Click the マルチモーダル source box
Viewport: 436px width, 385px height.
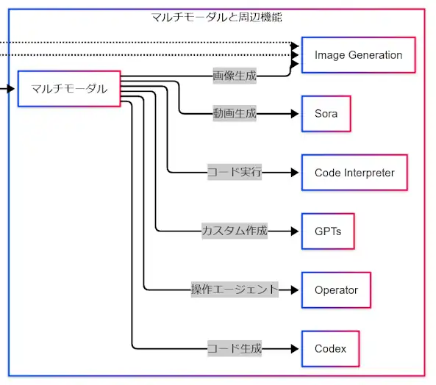pyautogui.click(x=69, y=89)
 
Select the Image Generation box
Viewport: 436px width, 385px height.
pyautogui.click(x=358, y=55)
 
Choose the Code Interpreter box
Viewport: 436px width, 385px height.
pyautogui.click(x=354, y=173)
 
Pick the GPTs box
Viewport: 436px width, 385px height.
pyautogui.click(x=327, y=231)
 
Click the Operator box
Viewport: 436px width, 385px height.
pyautogui.click(x=336, y=289)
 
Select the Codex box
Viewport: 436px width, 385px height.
pyautogui.click(x=330, y=348)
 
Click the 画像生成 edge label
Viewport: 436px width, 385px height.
pyautogui.click(x=234, y=76)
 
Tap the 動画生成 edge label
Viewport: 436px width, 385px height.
pyautogui.click(x=234, y=114)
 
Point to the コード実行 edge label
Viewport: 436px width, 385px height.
pyautogui.click(x=234, y=173)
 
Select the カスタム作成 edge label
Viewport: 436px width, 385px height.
pyautogui.click(x=234, y=231)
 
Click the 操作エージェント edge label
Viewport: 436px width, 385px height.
pyautogui.click(x=235, y=289)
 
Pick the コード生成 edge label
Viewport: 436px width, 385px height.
pyautogui.click(x=234, y=348)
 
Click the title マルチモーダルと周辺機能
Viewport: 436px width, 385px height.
pyautogui.click(x=216, y=16)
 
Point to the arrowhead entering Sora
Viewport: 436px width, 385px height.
pyautogui.click(x=296, y=114)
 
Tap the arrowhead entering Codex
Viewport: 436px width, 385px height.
pyautogui.click(x=296, y=348)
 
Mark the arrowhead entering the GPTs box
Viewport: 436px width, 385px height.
pyautogui.click(x=296, y=231)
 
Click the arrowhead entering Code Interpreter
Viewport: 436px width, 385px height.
pyautogui.click(x=296, y=173)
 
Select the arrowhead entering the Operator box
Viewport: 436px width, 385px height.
pyautogui.click(x=296, y=289)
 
